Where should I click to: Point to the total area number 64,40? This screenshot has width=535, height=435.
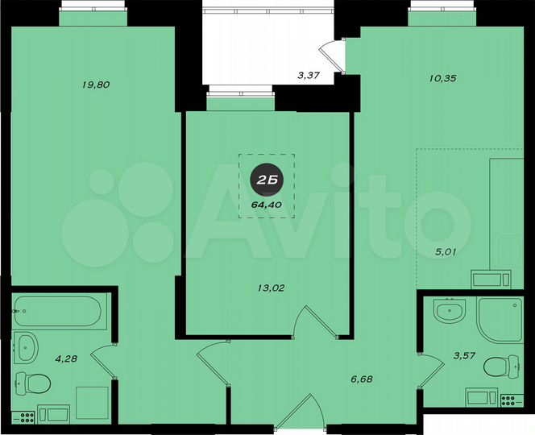(267, 204)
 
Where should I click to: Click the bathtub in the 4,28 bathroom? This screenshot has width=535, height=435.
(58, 309)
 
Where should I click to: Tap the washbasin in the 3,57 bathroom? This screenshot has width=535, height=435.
(447, 310)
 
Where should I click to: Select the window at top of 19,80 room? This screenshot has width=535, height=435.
(93, 14)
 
